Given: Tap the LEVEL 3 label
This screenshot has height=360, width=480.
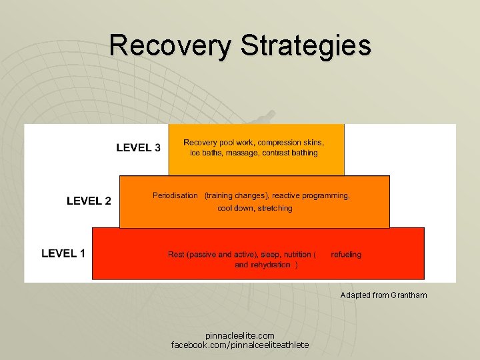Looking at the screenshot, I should (138, 148).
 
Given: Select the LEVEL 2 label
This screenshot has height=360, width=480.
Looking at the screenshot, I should (89, 201).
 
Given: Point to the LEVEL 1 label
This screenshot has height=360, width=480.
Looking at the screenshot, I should (63, 253).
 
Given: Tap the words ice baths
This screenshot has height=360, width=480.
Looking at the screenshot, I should (205, 153).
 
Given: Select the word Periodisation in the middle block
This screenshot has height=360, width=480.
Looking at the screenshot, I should (175, 195).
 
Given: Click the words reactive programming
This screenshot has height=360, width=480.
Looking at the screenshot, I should (310, 195).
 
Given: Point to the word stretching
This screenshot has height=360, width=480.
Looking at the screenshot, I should (275, 208).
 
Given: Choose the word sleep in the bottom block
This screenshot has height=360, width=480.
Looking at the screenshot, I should (269, 254).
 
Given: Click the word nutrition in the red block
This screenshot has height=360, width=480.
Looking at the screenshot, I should (297, 254).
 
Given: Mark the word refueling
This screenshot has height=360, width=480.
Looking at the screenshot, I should (345, 254).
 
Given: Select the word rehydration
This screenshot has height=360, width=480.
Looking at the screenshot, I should (271, 265).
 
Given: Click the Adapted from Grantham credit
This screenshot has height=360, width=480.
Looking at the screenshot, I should (383, 295).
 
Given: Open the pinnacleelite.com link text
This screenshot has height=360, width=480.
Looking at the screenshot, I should (239, 335).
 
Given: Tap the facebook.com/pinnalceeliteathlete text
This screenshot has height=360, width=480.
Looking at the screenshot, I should (239, 345).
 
